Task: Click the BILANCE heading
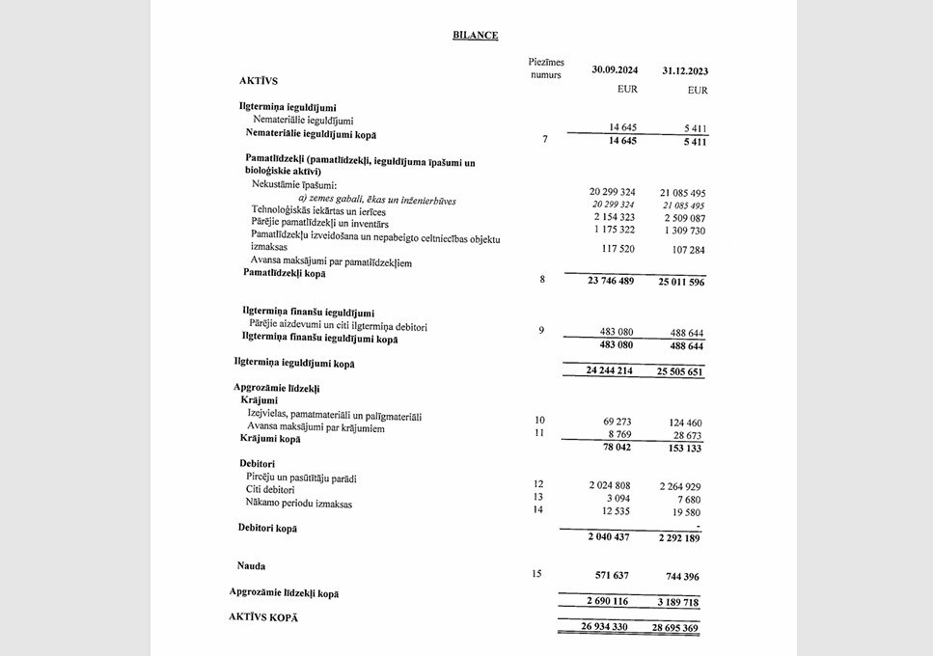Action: [x=475, y=36]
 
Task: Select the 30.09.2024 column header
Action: [x=613, y=70]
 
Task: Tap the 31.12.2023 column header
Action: [x=684, y=71]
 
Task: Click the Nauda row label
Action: [x=251, y=565]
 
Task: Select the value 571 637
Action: [x=608, y=575]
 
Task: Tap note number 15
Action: [x=536, y=574]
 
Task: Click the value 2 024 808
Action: [x=607, y=484]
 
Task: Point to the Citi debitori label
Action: [x=271, y=490]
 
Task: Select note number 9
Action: [x=541, y=331]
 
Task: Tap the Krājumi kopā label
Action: [x=270, y=439]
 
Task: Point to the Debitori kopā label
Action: [x=267, y=528]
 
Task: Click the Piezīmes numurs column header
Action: [x=546, y=68]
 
